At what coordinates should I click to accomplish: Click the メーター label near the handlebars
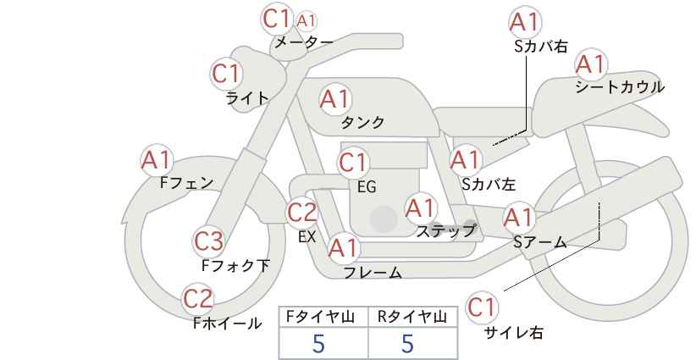pos(304,42)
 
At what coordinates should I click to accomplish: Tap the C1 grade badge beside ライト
pos(226,74)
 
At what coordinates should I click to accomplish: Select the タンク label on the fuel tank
pos(362,122)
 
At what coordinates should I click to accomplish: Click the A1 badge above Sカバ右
pos(525,22)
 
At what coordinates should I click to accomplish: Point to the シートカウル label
pos(620,86)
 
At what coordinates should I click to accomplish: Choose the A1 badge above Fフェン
pos(157,161)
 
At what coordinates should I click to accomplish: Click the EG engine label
pos(367,187)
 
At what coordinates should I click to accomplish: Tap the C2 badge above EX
pos(301,213)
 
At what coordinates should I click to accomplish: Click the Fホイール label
pos(227,324)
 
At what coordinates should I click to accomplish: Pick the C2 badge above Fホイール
pos(198,299)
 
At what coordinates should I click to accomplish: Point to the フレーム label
pos(373,272)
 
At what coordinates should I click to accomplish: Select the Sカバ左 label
pos(489,184)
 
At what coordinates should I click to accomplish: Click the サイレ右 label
pos(514,332)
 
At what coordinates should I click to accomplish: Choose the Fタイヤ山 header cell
pos(323,317)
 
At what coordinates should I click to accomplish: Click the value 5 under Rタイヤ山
pos(407,343)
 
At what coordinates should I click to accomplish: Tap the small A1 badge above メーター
pos(307,20)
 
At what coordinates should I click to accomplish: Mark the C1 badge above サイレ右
pos(482,307)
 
